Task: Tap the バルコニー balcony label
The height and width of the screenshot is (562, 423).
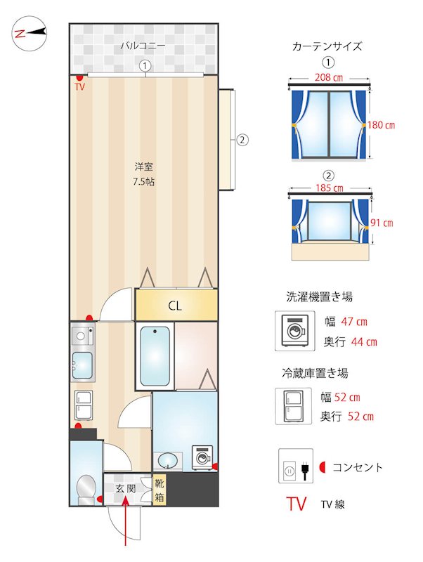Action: tap(143, 46)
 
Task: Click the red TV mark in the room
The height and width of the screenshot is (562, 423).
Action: tap(79, 86)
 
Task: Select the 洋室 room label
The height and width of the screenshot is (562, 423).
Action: tap(144, 167)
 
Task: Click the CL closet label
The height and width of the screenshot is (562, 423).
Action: tap(175, 306)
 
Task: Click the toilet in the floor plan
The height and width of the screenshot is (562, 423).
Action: tap(86, 488)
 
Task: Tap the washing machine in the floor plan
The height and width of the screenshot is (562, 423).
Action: tap(202, 457)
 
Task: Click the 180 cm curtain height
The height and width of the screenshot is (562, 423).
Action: tap(382, 125)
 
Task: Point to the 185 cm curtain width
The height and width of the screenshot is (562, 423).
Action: tap(330, 188)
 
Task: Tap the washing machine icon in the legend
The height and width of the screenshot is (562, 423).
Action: tap(292, 329)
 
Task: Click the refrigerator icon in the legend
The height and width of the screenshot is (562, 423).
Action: tap(292, 406)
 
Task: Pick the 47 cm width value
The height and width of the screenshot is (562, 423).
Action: tap(354, 322)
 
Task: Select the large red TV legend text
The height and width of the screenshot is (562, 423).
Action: tap(297, 504)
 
